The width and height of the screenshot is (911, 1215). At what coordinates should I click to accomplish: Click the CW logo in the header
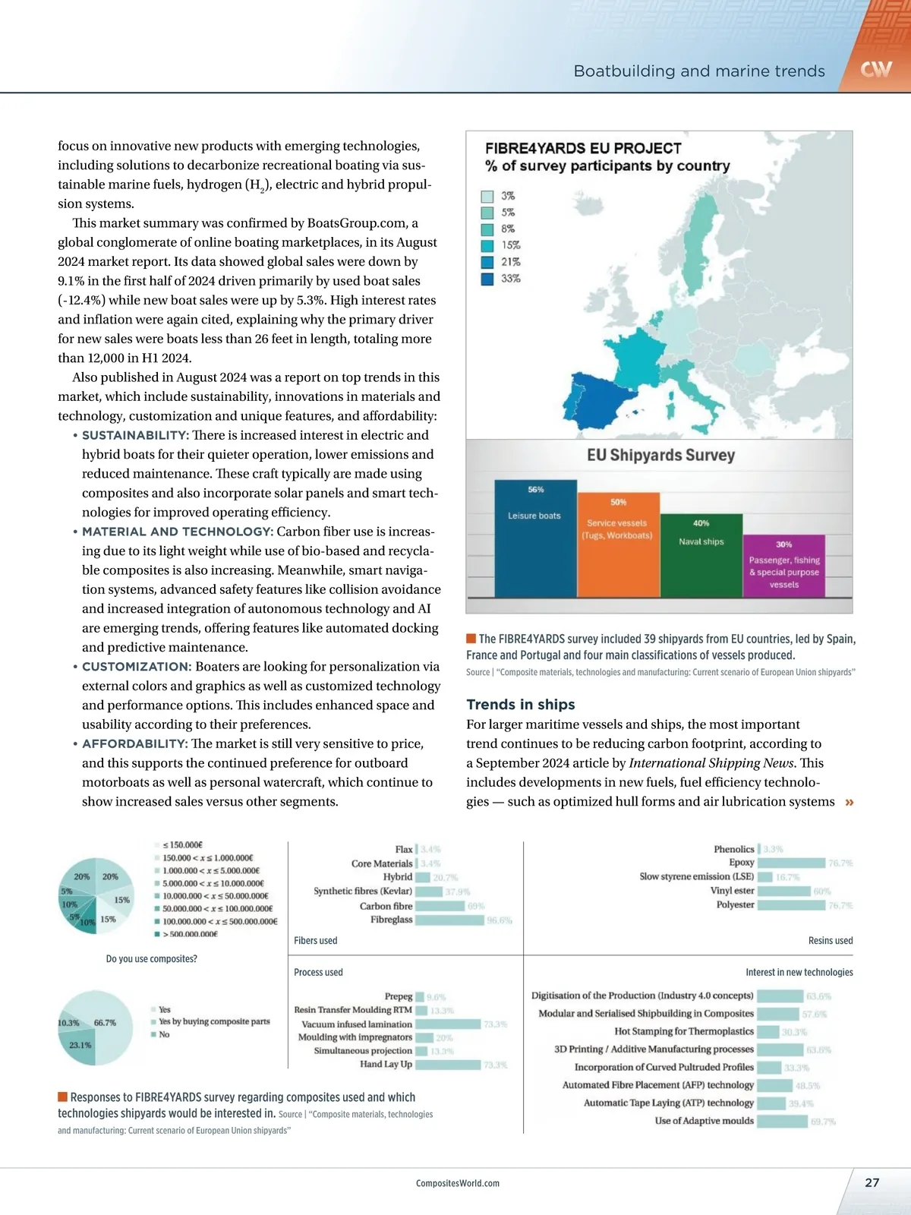tap(876, 70)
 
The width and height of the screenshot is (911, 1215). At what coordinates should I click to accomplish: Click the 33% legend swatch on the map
tap(487, 279)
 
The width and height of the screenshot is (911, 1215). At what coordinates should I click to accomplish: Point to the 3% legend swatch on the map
tap(487, 196)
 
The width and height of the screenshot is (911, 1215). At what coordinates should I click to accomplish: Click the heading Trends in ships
tap(521, 704)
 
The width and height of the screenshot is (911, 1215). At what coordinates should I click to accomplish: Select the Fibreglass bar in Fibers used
tap(449, 920)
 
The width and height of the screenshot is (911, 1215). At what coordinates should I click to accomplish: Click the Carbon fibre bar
tap(440, 906)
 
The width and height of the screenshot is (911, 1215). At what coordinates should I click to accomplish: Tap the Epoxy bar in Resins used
tap(791, 863)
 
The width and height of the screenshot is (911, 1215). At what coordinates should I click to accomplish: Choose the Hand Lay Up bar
tap(448, 1065)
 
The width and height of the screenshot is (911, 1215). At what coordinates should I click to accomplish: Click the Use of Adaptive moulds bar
tap(782, 1121)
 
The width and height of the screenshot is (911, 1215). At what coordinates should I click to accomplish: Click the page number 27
tap(872, 1182)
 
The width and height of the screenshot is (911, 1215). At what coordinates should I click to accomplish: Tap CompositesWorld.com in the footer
tap(458, 1183)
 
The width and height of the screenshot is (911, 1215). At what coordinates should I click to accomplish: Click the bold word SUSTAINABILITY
tap(135, 435)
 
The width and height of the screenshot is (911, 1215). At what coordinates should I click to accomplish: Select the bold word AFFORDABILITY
tap(134, 743)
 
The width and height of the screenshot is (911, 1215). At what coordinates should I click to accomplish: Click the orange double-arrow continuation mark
tap(849, 802)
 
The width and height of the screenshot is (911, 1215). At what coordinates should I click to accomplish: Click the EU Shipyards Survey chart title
tap(660, 455)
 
